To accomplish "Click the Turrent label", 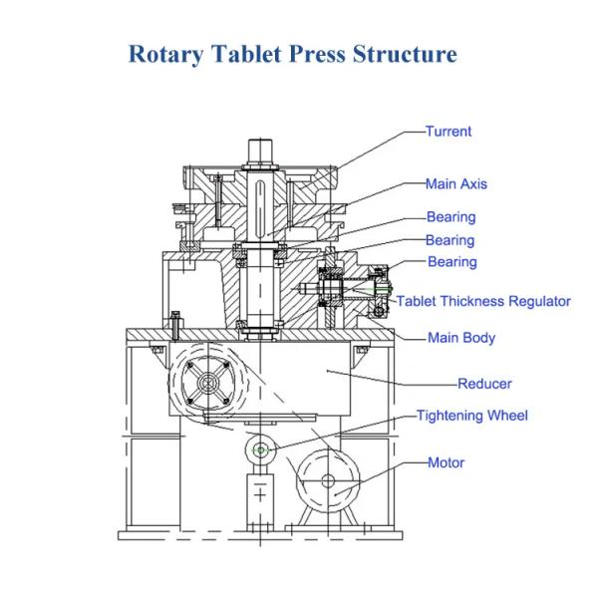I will tap(448, 132).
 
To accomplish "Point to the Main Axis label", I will tap(456, 184).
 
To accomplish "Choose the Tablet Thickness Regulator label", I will tap(483, 301).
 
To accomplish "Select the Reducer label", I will tap(484, 384).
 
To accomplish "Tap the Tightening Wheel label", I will tap(472, 416).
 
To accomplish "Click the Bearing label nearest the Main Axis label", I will tap(451, 217).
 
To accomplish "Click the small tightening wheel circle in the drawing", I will tap(261, 450).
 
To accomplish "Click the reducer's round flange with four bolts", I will tap(210, 383).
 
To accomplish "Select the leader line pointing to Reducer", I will tap(399, 379).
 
